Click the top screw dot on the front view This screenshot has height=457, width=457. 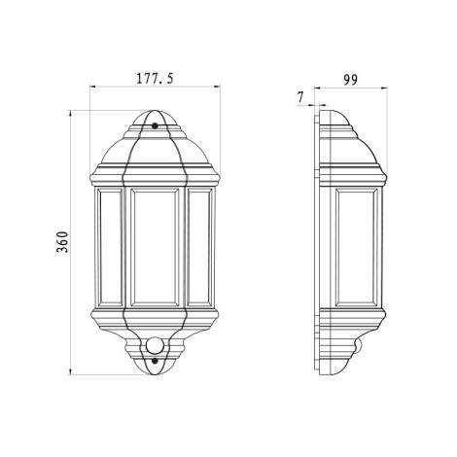coord(156,125)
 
